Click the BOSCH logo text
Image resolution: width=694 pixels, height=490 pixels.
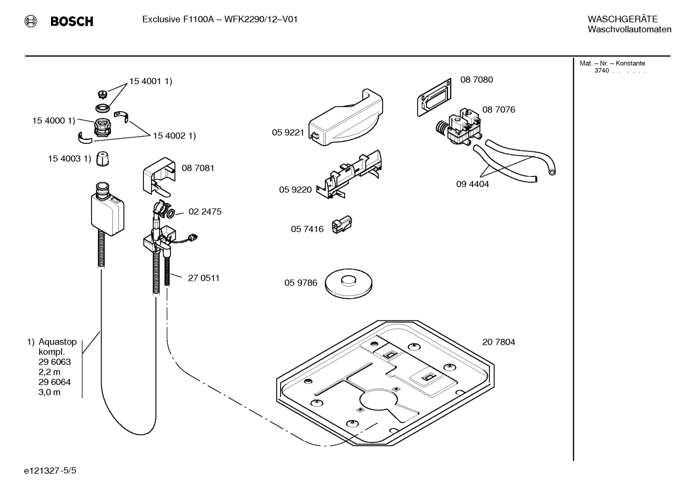72,21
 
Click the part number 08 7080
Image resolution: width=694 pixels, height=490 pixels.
476,80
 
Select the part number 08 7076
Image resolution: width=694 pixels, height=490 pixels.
498,110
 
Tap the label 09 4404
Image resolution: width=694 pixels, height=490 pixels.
472,184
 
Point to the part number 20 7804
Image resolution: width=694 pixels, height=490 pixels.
498,342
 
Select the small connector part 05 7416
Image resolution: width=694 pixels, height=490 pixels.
342,225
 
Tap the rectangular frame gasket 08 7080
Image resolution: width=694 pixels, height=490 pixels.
434,97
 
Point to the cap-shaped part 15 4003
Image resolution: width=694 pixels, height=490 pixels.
102,159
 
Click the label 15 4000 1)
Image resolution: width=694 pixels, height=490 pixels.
53,121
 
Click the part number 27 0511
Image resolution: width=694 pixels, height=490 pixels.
203,278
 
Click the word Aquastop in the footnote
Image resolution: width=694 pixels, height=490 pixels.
57,342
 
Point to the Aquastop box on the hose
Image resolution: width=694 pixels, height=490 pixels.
108,214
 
